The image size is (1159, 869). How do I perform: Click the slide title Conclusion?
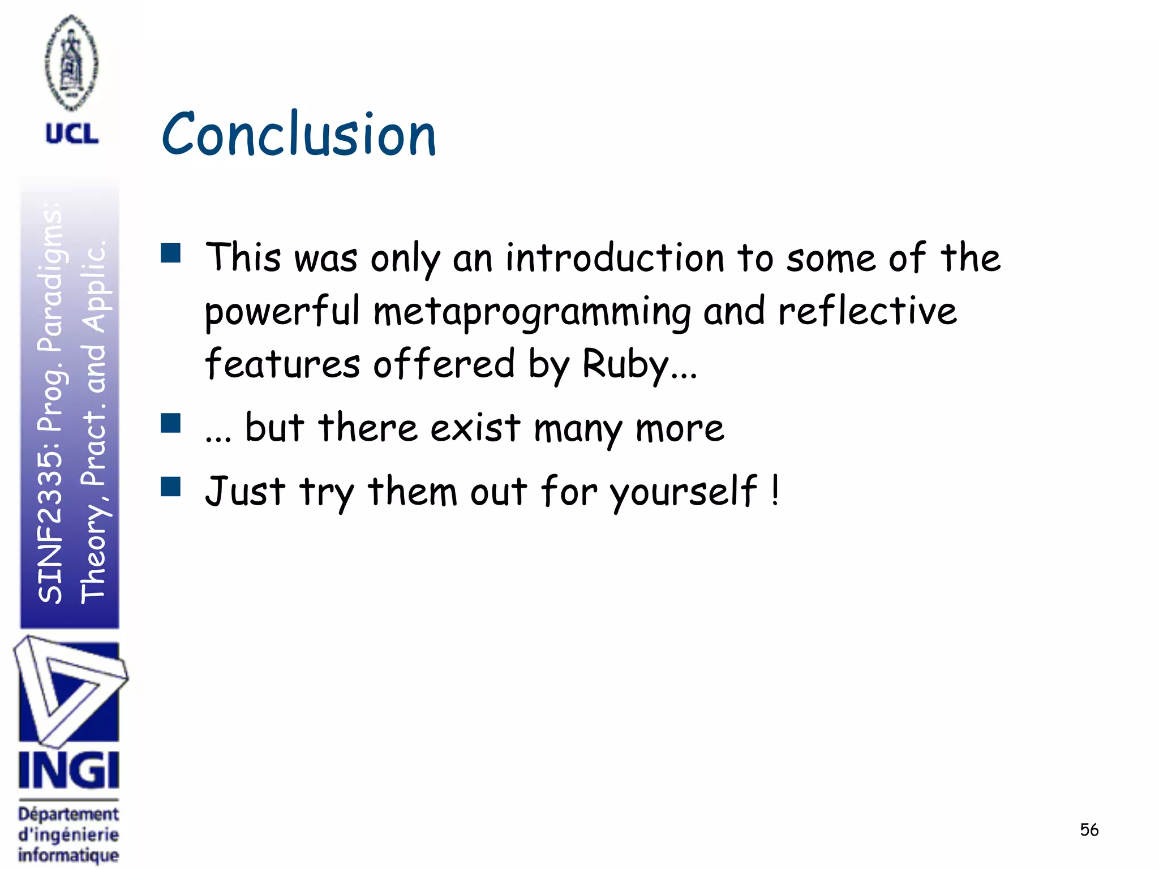coord(299,135)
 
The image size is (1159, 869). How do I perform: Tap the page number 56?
coord(1089,830)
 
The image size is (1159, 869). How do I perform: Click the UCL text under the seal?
coord(72,134)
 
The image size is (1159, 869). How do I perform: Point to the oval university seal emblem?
coord(71,62)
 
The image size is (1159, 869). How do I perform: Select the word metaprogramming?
coord(531,312)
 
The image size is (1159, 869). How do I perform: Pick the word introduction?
coord(615,259)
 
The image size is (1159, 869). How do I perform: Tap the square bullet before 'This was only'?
coord(170,253)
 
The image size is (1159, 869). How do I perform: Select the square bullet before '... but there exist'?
coord(170,423)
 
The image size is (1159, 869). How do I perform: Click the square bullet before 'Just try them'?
coord(170,487)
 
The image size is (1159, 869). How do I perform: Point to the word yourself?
coord(683,491)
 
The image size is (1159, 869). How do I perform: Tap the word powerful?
coord(282,312)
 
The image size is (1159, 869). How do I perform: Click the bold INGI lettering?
coord(68,771)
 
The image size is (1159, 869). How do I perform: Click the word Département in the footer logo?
coord(68,815)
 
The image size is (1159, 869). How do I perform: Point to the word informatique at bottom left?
coord(68,854)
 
